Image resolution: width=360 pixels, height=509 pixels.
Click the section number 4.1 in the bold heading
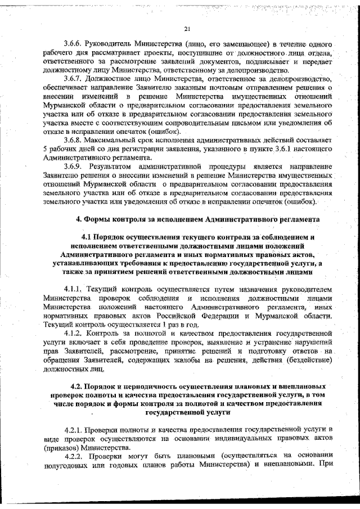(89, 237)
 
